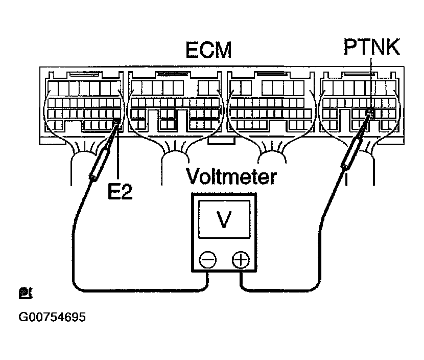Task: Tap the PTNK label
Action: point(371,50)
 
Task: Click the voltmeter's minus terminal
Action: point(207,261)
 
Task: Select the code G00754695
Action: point(52,317)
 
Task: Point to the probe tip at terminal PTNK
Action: point(370,112)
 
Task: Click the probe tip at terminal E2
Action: point(118,121)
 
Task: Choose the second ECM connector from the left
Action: point(175,102)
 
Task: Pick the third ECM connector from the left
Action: point(270,102)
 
